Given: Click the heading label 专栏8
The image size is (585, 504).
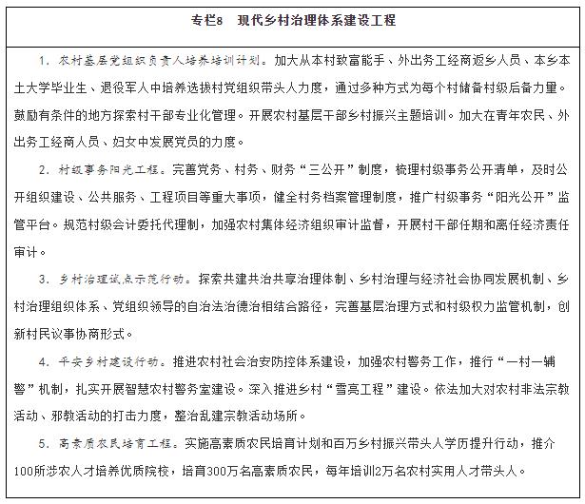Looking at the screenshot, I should click(211, 20).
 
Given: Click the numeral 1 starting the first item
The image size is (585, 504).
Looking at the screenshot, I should click(47, 60).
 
